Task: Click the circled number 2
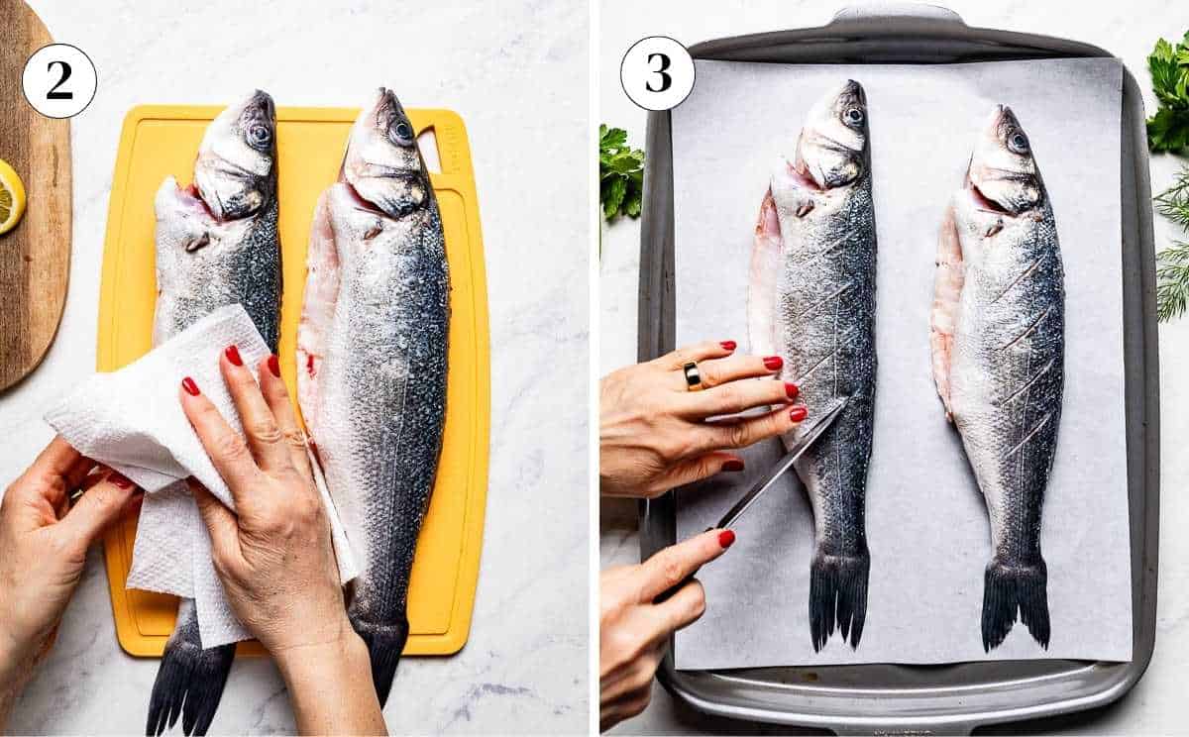pos(58,80)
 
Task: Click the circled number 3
pos(657,72)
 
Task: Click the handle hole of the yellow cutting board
pos(430,149)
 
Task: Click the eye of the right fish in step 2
pos(402,131)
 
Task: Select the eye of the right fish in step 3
pos(1018,141)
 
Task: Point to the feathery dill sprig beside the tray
pos(1173,248)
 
